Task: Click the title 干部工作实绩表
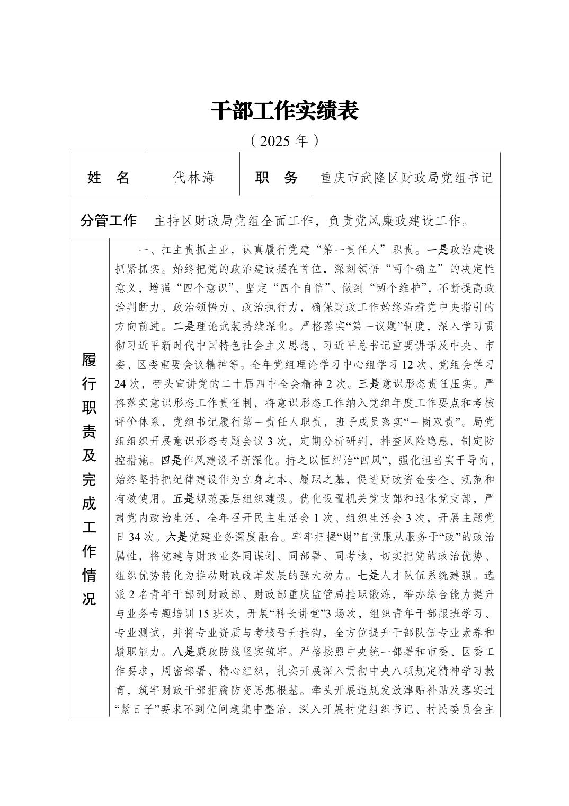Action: (x=284, y=111)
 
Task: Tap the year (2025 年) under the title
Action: (x=284, y=141)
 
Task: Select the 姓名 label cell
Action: (x=108, y=177)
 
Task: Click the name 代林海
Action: (x=194, y=177)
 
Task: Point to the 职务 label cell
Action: (x=277, y=177)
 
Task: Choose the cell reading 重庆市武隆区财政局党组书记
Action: (x=406, y=177)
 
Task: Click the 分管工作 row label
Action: (x=108, y=221)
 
